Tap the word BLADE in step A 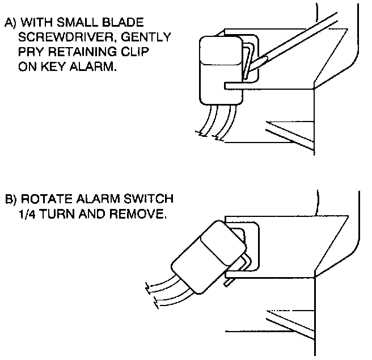point(124,23)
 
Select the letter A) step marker point(10,23)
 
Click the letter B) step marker point(10,200)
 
